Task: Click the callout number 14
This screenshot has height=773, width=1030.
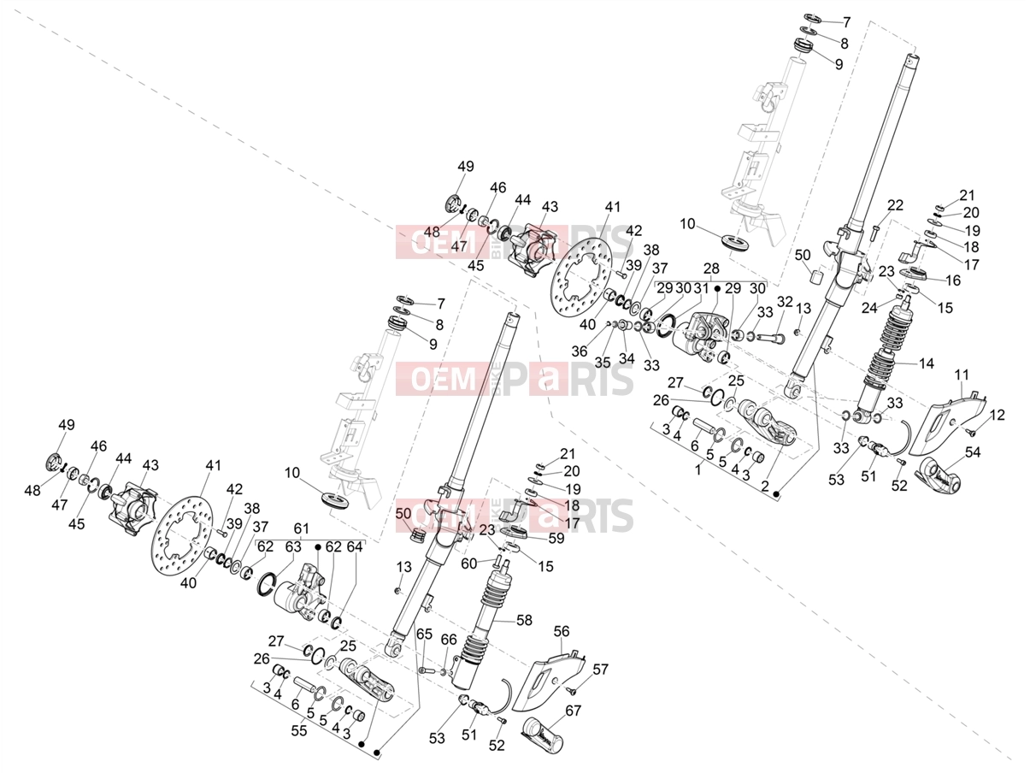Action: [x=927, y=363]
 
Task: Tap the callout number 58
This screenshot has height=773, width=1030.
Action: [x=524, y=620]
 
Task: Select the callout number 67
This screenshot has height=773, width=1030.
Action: [x=573, y=711]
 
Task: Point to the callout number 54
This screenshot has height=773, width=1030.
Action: [x=973, y=452]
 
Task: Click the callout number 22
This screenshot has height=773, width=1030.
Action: [x=895, y=205]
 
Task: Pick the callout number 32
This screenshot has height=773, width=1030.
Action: [x=785, y=302]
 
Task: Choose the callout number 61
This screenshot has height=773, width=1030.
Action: [x=301, y=528]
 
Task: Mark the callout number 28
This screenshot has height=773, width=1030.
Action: [x=711, y=268]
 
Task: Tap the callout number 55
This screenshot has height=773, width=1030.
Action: [x=299, y=731]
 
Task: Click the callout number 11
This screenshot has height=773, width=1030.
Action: [x=962, y=375]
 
